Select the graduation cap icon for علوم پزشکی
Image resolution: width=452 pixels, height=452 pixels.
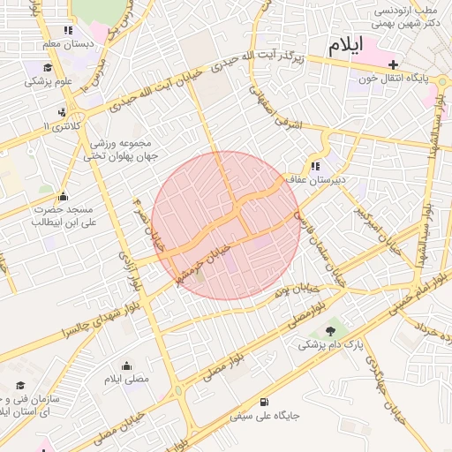pyautogui.click(x=46, y=68)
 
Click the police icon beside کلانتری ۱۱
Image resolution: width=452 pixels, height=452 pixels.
pyautogui.click(x=62, y=112)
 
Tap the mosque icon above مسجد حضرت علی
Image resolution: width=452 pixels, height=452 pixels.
pyautogui.click(x=63, y=197)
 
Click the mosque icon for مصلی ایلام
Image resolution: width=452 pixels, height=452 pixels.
pyautogui.click(x=126, y=366)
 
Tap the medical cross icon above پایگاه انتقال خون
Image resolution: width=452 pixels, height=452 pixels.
pyautogui.click(x=393, y=64)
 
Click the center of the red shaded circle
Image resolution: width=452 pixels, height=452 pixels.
pyautogui.click(x=226, y=225)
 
